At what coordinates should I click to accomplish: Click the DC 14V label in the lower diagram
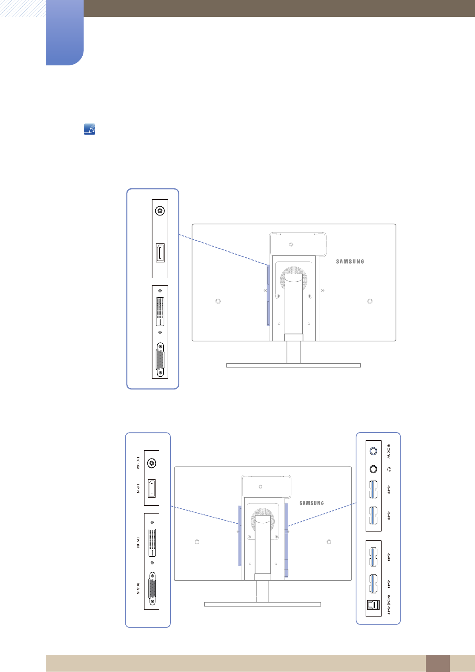[x=138, y=463]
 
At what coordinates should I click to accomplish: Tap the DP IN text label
[x=138, y=488]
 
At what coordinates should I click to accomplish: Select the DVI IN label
[x=138, y=542]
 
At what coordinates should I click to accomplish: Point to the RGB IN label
[x=138, y=589]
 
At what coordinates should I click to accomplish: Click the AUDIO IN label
[x=388, y=451]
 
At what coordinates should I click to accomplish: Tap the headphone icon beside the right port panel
[x=389, y=469]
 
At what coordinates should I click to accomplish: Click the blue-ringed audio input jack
[x=373, y=451]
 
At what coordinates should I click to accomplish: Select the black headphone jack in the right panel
[x=373, y=469]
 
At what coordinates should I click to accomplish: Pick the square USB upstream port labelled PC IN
[x=373, y=605]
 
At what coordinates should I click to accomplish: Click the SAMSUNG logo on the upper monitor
[x=350, y=262]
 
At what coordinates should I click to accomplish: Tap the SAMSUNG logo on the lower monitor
[x=312, y=504]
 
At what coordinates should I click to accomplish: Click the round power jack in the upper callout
[x=160, y=210]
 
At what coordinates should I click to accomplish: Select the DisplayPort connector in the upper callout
[x=160, y=253]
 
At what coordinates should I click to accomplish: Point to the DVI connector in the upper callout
[x=160, y=311]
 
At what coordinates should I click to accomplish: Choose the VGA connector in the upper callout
[x=160, y=359]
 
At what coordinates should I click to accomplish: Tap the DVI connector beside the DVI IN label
[x=152, y=542]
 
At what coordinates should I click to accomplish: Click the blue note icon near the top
[x=89, y=129]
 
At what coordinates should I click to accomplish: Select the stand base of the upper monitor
[x=293, y=365]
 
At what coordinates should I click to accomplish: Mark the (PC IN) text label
[x=388, y=600]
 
